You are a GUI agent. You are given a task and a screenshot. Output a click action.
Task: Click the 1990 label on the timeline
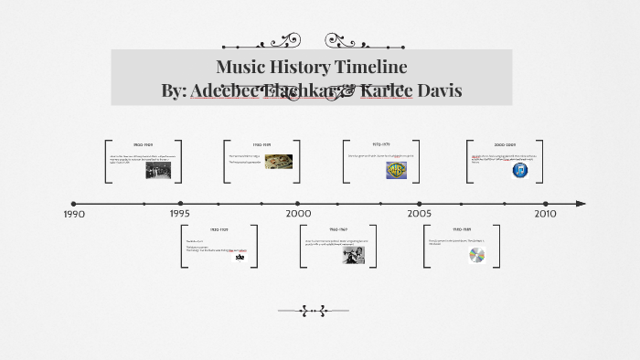(73, 214)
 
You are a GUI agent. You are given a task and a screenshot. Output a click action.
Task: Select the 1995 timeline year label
(179, 214)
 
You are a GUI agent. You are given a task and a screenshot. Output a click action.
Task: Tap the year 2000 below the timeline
(298, 213)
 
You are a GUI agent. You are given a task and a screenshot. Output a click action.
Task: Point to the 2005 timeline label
(420, 213)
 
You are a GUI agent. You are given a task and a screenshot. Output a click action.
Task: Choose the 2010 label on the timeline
(545, 213)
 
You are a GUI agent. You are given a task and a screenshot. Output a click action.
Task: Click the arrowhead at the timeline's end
(581, 204)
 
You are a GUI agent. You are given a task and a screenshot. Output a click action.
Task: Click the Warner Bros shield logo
(395, 170)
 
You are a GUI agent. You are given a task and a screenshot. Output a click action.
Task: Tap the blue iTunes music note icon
(519, 170)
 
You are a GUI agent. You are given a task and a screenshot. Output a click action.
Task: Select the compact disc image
(477, 256)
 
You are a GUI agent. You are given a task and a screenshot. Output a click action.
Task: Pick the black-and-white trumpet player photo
(353, 256)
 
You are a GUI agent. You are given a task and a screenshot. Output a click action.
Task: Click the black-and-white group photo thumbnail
(157, 170)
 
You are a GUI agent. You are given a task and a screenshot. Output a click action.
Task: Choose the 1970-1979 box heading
(381, 144)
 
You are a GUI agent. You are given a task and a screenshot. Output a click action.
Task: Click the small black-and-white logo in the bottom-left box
(240, 257)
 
